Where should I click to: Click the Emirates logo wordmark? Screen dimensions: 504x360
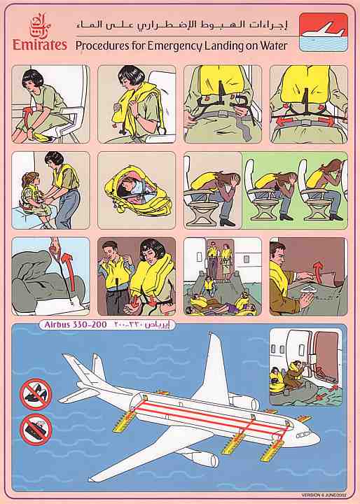pos(40,45)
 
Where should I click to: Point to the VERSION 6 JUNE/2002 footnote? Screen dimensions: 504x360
pos(323,496)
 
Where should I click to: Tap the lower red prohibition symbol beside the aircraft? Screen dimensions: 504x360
pos(36,428)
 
